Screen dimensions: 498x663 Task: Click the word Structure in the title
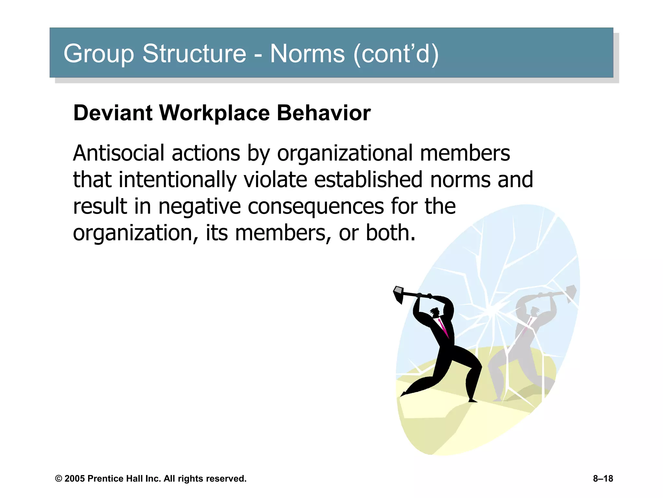(x=194, y=53)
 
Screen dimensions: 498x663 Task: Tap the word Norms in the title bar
(x=307, y=53)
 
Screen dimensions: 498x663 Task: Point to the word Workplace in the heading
(x=214, y=113)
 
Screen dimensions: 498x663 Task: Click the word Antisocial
(x=118, y=153)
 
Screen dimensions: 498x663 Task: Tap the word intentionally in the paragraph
(x=177, y=180)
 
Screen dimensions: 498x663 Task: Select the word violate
(x=275, y=180)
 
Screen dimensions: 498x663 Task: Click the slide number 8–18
(x=603, y=479)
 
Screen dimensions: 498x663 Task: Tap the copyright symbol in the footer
(x=59, y=479)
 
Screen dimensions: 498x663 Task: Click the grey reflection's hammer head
(x=571, y=293)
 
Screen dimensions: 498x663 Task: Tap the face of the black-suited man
(x=436, y=313)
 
